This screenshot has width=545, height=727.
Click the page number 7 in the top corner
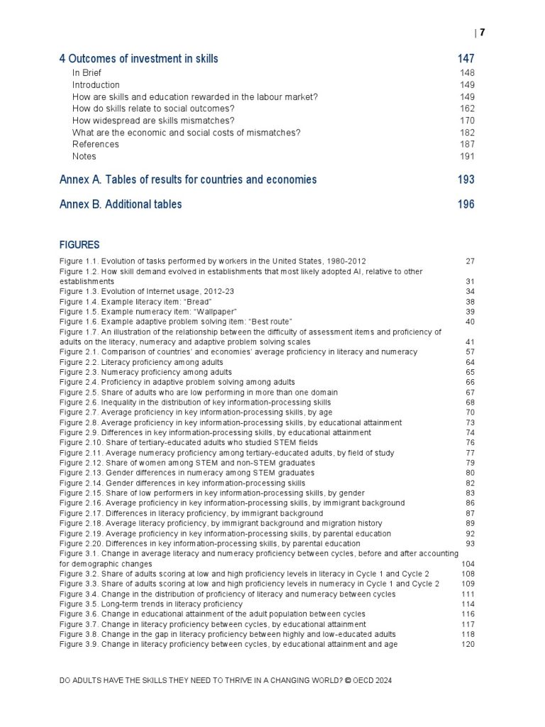coord(482,33)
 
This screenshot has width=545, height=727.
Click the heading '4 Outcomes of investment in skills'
coord(138,59)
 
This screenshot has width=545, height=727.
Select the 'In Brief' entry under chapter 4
coord(87,73)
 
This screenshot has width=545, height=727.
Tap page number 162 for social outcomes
coord(467,109)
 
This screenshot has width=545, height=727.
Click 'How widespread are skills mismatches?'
coord(153,121)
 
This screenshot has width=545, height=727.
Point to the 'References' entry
coord(96,144)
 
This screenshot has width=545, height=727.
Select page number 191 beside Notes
coord(467,156)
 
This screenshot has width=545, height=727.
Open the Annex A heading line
coord(188,180)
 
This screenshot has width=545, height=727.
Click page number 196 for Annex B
coord(466,204)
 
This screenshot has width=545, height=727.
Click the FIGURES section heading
coord(79,245)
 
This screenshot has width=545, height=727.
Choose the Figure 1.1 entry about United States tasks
coord(213,261)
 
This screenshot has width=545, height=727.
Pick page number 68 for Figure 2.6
coord(470,403)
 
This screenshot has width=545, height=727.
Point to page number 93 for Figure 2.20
coord(470,544)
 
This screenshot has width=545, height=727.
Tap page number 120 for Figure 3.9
coord(468,645)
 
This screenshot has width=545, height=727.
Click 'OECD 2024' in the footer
coord(369,680)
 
